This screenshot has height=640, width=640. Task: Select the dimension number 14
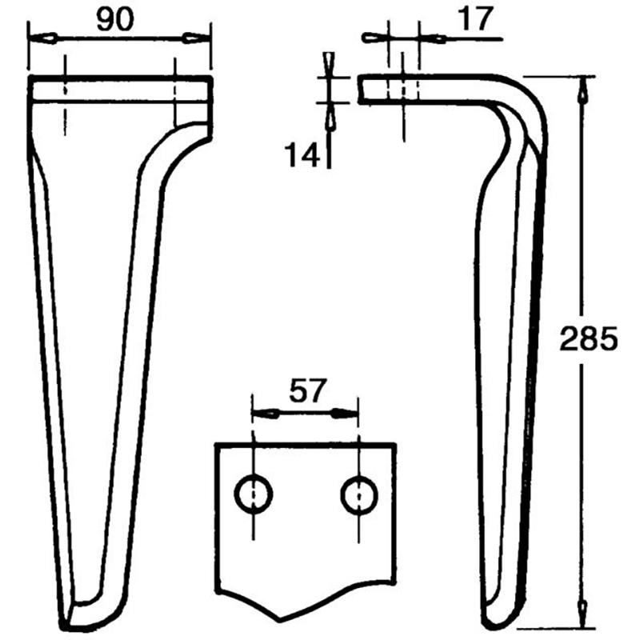302,152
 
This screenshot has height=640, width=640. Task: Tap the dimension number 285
588,340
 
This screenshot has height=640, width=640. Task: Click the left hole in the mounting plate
253,495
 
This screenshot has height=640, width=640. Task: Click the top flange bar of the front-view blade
120,87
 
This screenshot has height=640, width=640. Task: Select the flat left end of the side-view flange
361,89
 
